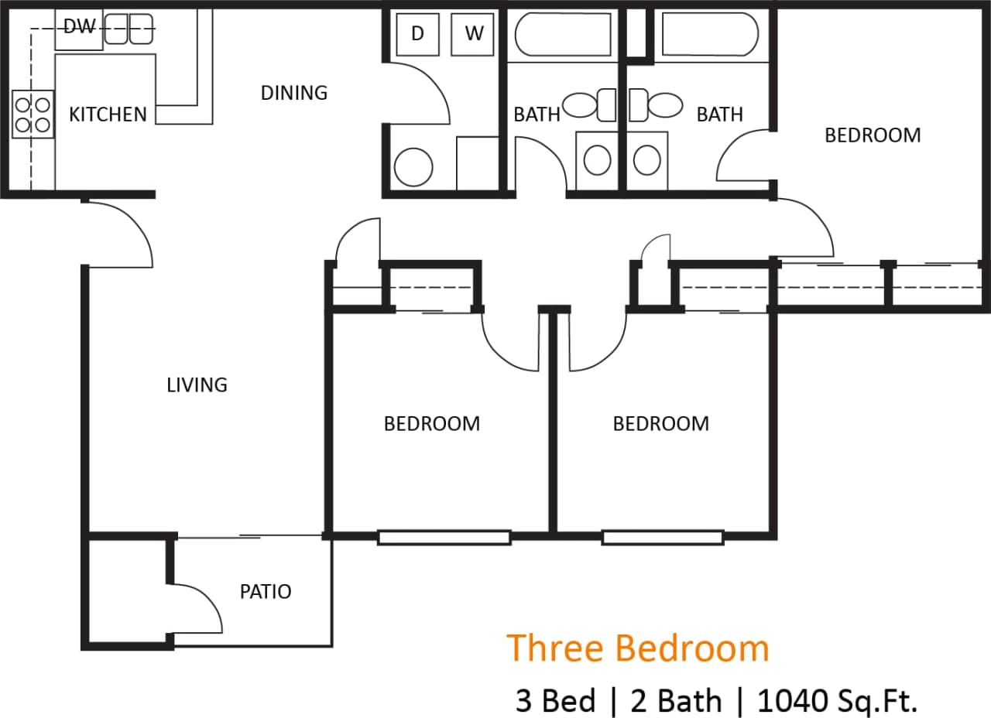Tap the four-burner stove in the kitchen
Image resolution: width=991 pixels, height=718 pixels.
pyautogui.click(x=33, y=114)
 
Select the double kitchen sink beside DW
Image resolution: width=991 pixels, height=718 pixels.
pyautogui.click(x=129, y=29)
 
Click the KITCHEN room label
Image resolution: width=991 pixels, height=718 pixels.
pyautogui.click(x=108, y=115)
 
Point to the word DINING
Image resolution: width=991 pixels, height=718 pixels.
pyautogui.click(x=293, y=93)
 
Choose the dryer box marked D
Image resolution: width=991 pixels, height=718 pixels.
pyautogui.click(x=417, y=34)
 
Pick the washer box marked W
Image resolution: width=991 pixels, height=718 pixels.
pyautogui.click(x=473, y=34)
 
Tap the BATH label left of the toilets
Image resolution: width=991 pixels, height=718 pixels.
pyautogui.click(x=536, y=115)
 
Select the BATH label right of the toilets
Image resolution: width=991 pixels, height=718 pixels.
pyautogui.click(x=719, y=115)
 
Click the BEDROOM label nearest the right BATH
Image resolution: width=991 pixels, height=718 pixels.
pyautogui.click(x=873, y=135)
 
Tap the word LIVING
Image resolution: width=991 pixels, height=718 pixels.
pyautogui.click(x=197, y=385)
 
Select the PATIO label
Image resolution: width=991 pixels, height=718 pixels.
pyautogui.click(x=266, y=592)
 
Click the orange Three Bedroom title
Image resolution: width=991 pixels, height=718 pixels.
pyautogui.click(x=638, y=648)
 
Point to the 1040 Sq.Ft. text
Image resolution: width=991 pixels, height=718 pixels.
pyautogui.click(x=837, y=701)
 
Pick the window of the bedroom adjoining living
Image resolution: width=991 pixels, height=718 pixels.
pyautogui.click(x=444, y=537)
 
